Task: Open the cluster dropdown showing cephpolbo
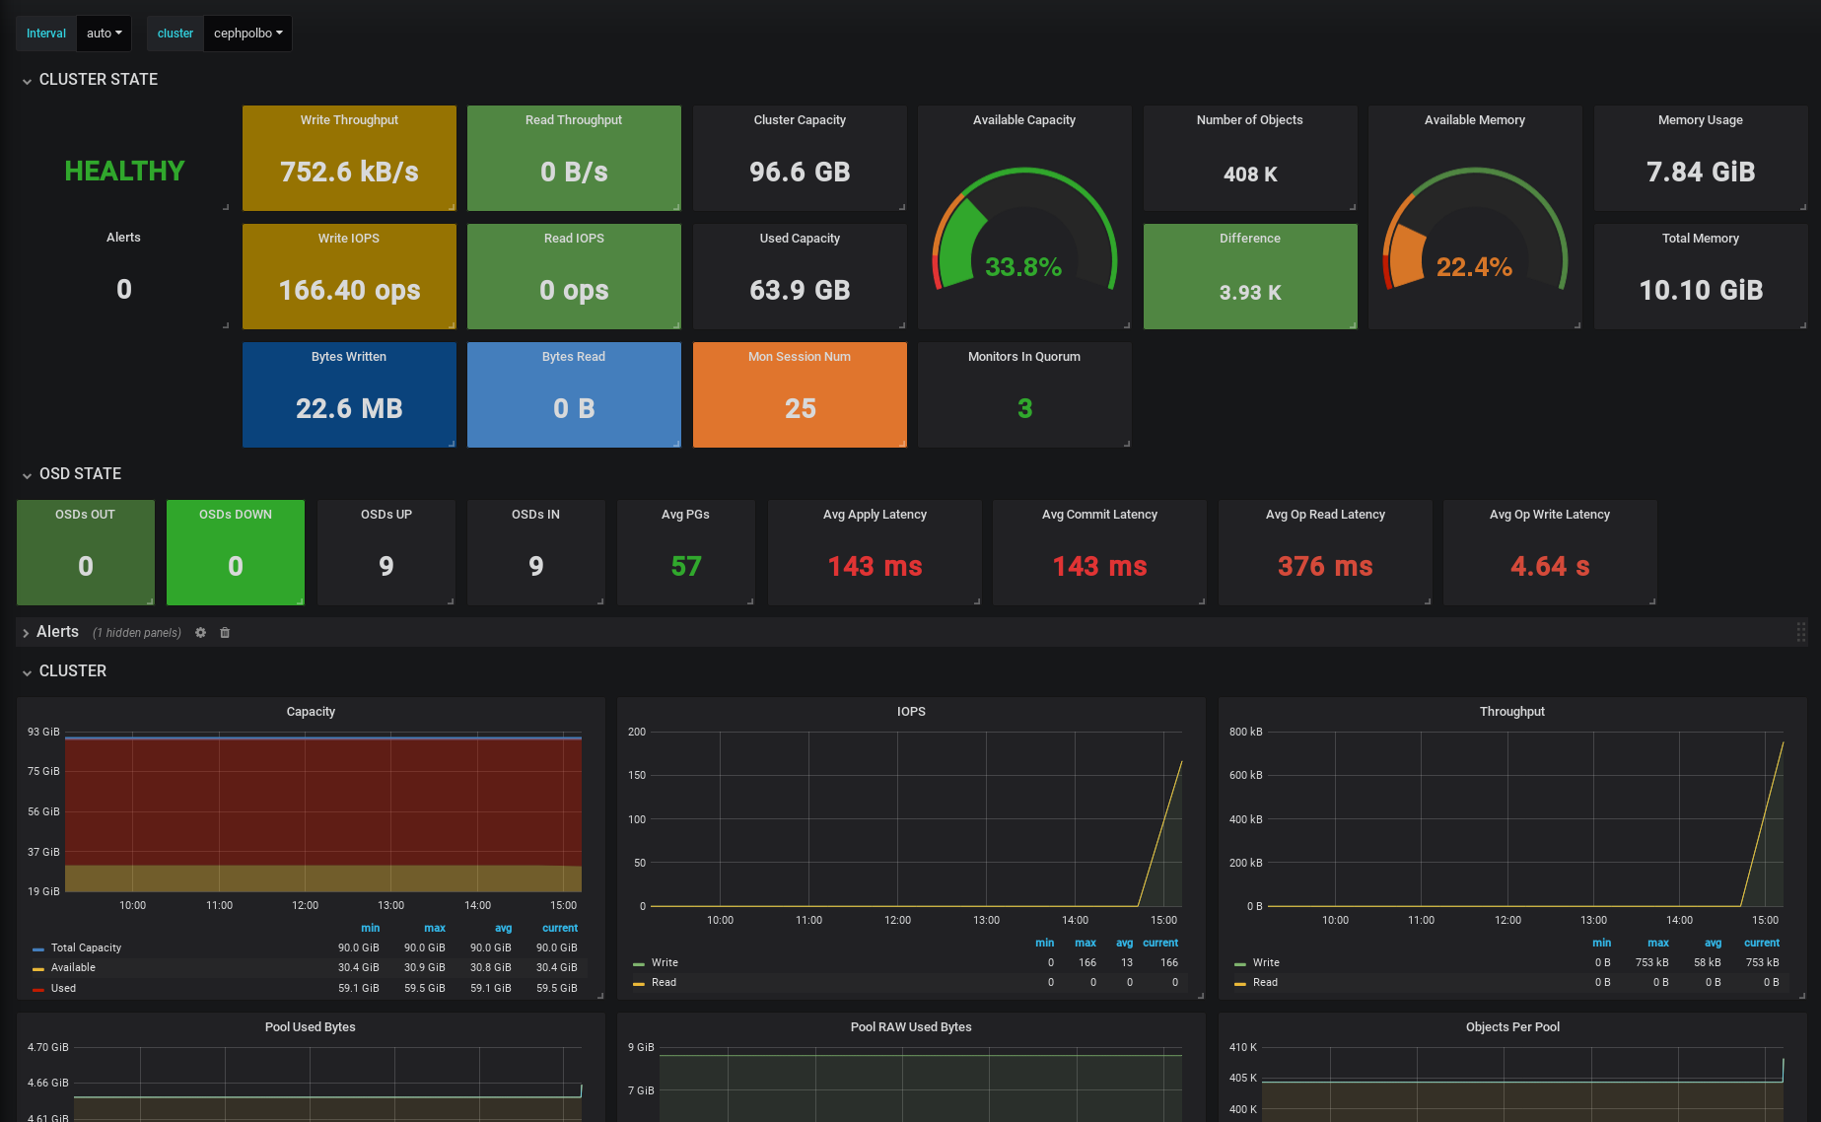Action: [x=247, y=34]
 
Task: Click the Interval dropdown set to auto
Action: [x=104, y=34]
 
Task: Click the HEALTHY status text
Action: [x=124, y=172]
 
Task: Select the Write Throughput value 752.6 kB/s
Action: [x=349, y=173]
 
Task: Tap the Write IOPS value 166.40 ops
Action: [x=349, y=291]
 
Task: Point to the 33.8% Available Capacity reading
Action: [x=1023, y=267]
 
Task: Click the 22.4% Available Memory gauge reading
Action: [x=1474, y=267]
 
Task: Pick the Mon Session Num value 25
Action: [x=800, y=409]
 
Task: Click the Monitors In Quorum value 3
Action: [x=1024, y=409]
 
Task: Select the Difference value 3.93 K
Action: [x=1250, y=293]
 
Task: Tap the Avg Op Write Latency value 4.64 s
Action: [x=1550, y=567]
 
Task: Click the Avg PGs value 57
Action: [x=686, y=567]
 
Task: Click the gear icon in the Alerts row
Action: [x=201, y=633]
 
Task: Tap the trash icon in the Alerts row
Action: [x=225, y=633]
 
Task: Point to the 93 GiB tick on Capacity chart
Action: [x=43, y=732]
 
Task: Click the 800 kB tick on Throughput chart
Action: [x=1245, y=732]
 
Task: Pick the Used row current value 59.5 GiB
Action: [x=557, y=988]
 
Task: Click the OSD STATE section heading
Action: [x=80, y=474]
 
